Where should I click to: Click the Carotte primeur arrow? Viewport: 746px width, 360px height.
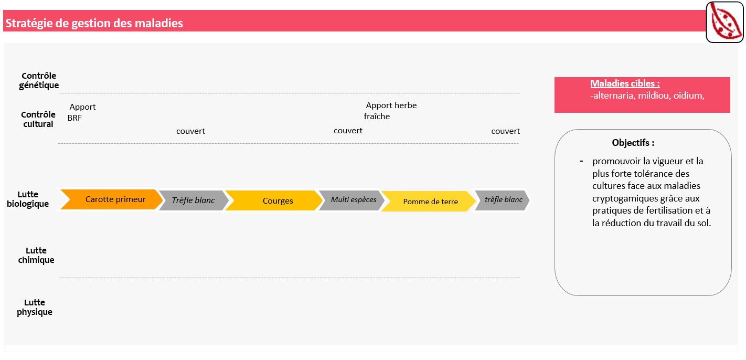tap(112, 199)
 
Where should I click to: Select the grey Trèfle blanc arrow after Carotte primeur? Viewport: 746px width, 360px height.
tap(194, 200)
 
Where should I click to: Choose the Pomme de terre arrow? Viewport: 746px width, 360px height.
tap(428, 202)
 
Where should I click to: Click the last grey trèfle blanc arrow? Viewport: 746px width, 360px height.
tap(502, 200)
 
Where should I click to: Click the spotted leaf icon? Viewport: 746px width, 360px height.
tap(724, 23)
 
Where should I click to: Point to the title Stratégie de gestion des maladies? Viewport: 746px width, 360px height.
tap(94, 23)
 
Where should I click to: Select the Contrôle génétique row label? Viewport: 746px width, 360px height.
tap(39, 80)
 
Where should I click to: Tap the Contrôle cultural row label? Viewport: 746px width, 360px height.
tap(38, 119)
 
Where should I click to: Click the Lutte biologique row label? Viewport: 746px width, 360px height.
tap(28, 199)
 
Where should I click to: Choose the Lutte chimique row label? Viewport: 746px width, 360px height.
tap(36, 255)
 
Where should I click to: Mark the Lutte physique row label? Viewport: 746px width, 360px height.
tap(35, 307)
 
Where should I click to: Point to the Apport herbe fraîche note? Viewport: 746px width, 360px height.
tap(390, 111)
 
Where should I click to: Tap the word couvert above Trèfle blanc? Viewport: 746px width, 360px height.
tap(190, 131)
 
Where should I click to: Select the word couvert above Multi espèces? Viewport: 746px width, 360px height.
tap(348, 131)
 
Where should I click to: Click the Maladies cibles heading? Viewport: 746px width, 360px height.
tap(625, 83)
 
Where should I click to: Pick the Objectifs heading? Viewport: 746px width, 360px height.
tap(633, 143)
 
